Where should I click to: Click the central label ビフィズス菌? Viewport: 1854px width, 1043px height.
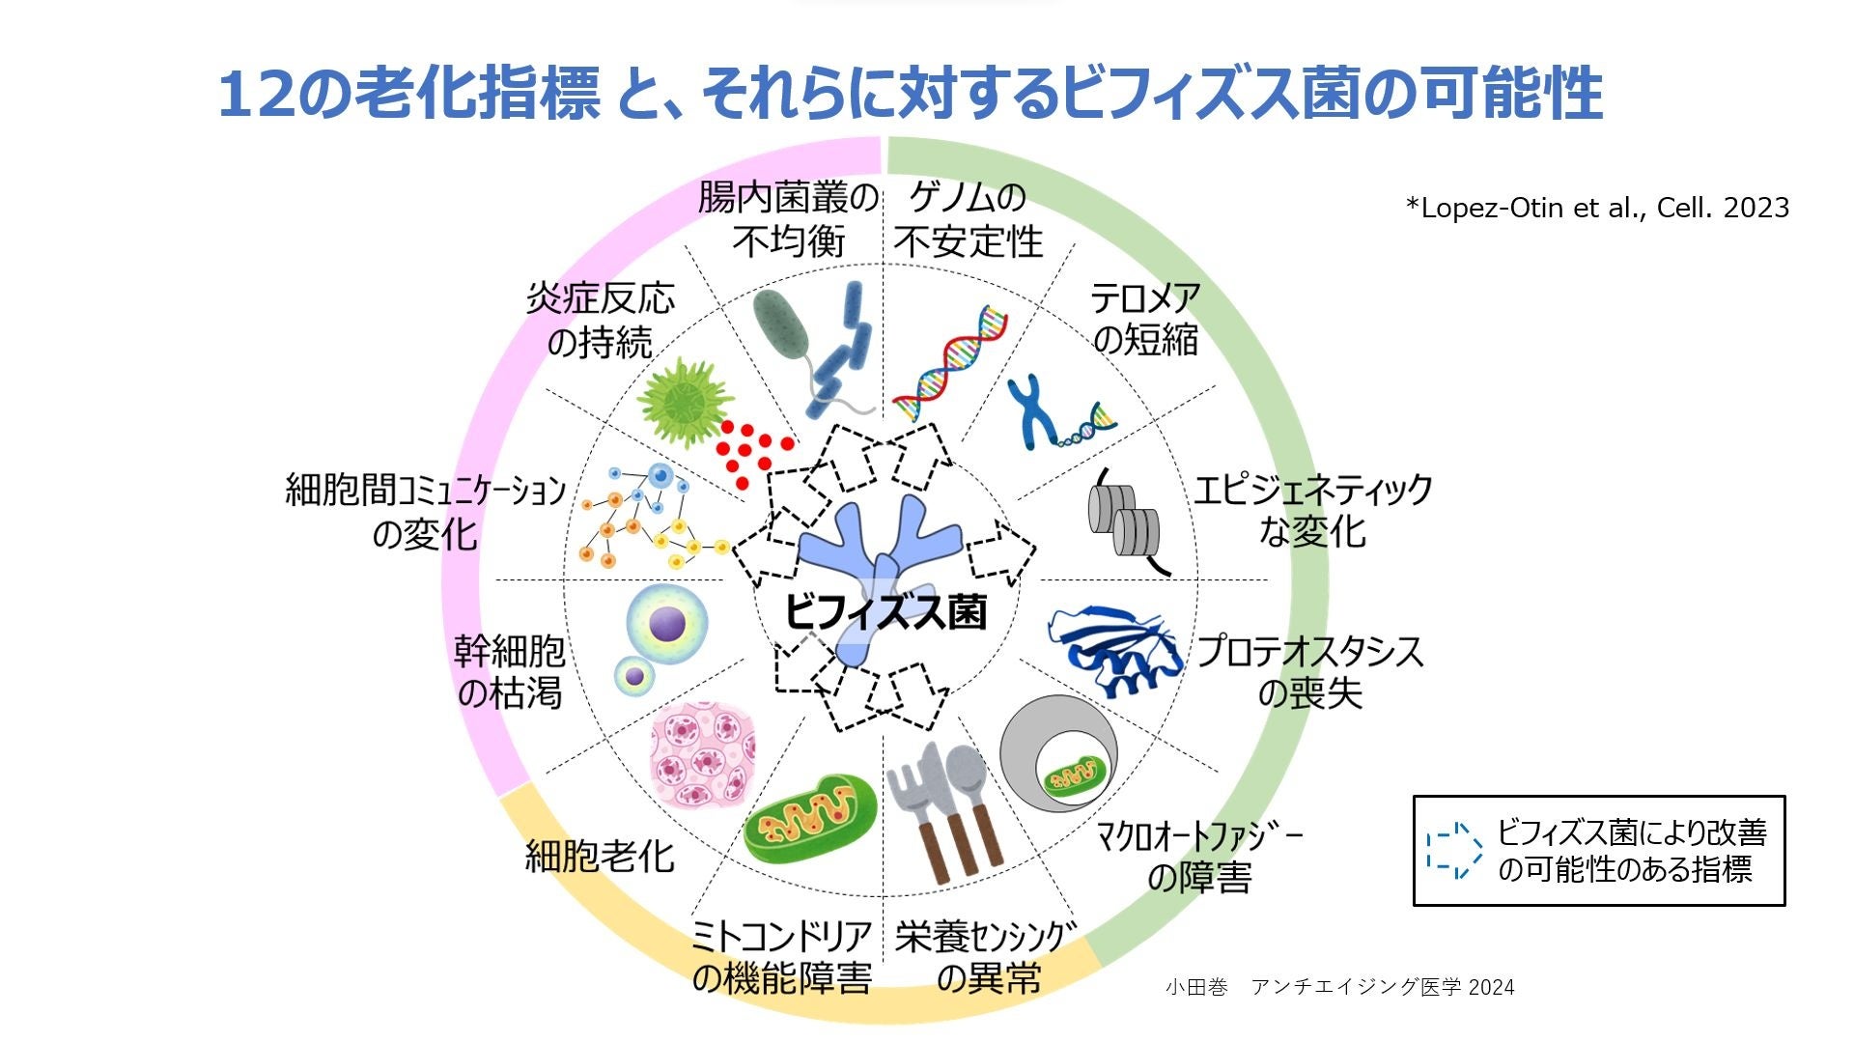coord(885,612)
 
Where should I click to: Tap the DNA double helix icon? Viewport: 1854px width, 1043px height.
coord(949,364)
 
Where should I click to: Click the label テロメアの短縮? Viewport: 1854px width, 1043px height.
coord(1145,319)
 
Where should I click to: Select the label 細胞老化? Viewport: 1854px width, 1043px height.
coord(600,856)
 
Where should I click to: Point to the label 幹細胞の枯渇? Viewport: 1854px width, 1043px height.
coord(509,672)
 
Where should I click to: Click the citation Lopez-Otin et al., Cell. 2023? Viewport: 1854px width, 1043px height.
coord(1597,208)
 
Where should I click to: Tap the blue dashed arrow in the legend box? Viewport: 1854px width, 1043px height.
coord(1454,851)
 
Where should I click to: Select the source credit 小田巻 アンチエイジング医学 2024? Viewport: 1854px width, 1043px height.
coord(1339,987)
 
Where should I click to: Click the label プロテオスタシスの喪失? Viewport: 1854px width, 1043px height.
coord(1310,672)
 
